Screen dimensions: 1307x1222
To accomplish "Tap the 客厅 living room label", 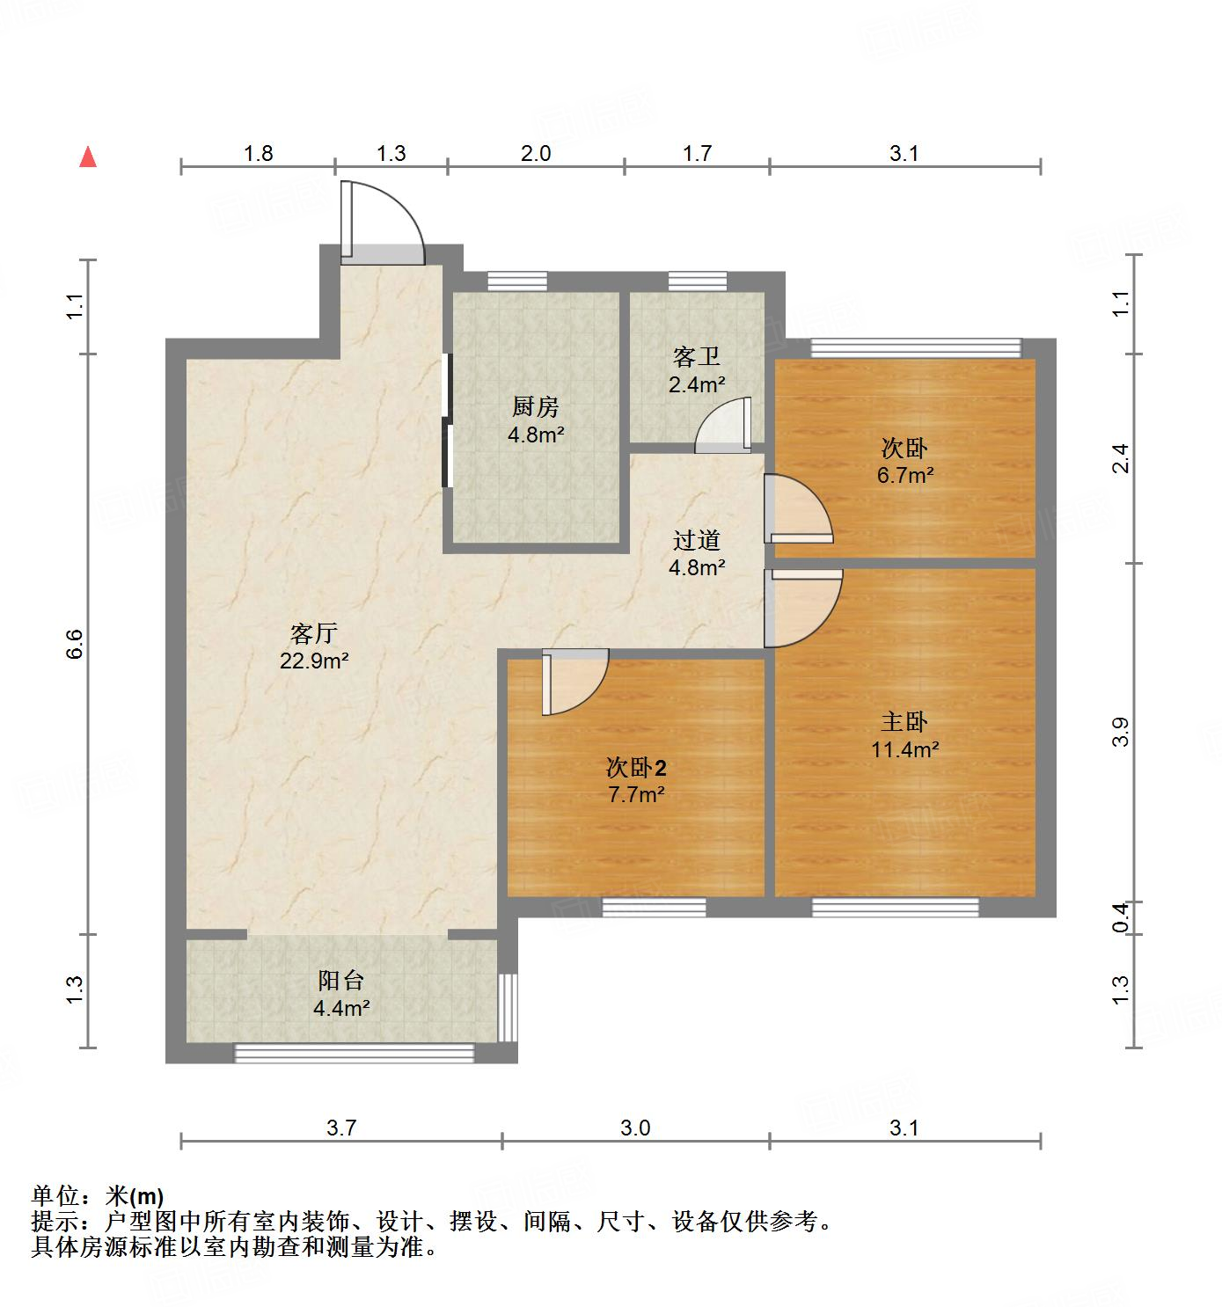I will pos(314,633).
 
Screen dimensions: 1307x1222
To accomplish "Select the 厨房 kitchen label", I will pos(535,406).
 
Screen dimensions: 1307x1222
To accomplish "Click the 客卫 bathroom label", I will pos(696,356).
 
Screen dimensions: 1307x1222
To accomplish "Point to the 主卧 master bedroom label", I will pos(904,722).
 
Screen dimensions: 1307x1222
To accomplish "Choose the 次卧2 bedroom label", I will pos(635,768).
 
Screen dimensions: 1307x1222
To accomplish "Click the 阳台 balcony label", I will pos(340,981).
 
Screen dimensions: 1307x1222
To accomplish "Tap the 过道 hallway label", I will pos(696,540).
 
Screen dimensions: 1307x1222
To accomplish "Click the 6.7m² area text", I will pos(904,476).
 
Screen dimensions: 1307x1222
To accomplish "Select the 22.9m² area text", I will pos(314,661).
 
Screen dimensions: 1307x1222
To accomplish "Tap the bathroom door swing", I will pos(723,427).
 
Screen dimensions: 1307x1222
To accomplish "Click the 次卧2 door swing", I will pos(575,681).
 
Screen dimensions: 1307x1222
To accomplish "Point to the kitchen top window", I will pos(517,281).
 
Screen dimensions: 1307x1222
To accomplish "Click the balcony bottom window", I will pos(354,1052).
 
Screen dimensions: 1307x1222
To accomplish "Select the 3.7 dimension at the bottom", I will pos(341,1128).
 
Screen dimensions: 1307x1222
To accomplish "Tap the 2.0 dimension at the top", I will pos(536,154).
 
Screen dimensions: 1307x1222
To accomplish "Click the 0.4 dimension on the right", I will pos(1120,918).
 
